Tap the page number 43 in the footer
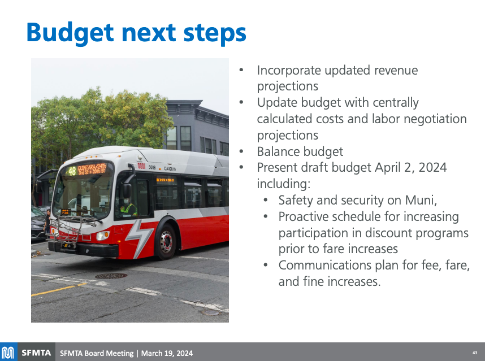(474, 353)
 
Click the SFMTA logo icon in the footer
(8, 353)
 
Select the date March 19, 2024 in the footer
(167, 353)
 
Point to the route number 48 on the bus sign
(72, 171)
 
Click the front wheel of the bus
(166, 242)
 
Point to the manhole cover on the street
(111, 276)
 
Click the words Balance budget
(300, 151)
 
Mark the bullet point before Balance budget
(241, 151)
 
